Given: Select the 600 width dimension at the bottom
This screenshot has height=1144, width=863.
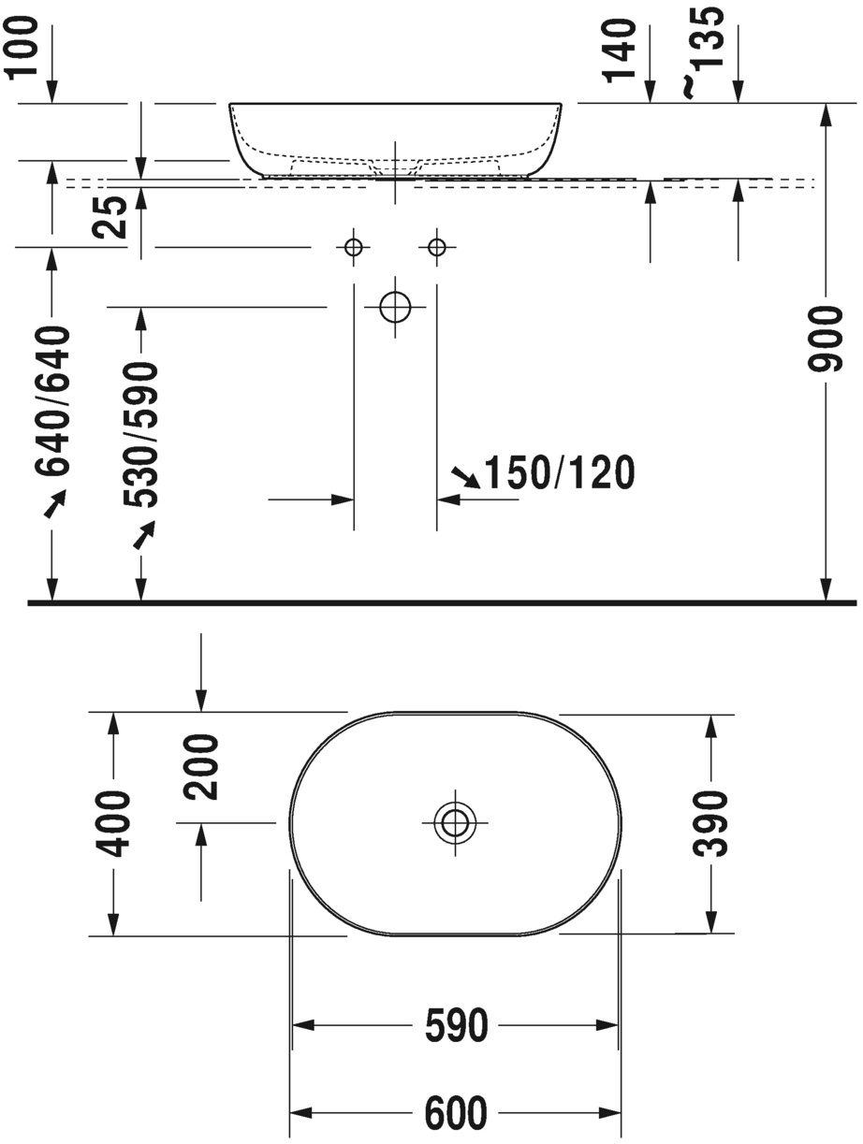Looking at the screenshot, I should [x=456, y=1112].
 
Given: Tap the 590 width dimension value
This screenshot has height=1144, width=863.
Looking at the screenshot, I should [x=456, y=1026].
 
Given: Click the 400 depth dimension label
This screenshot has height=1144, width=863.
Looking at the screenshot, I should [x=114, y=823].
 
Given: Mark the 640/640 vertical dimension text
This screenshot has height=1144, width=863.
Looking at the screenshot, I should [x=53, y=400].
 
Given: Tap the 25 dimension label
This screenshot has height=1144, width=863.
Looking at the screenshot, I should [x=113, y=218].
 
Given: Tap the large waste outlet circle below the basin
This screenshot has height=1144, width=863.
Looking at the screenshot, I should [x=396, y=306].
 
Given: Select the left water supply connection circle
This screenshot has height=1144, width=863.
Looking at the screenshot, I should [x=353, y=247].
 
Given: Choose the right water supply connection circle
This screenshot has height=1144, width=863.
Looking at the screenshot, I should [x=437, y=247].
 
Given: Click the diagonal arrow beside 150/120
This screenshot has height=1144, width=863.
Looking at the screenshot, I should [x=464, y=477].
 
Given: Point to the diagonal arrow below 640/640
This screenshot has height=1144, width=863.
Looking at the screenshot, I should [x=55, y=504].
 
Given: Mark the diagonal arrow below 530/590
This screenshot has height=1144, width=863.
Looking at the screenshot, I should [x=143, y=535].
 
